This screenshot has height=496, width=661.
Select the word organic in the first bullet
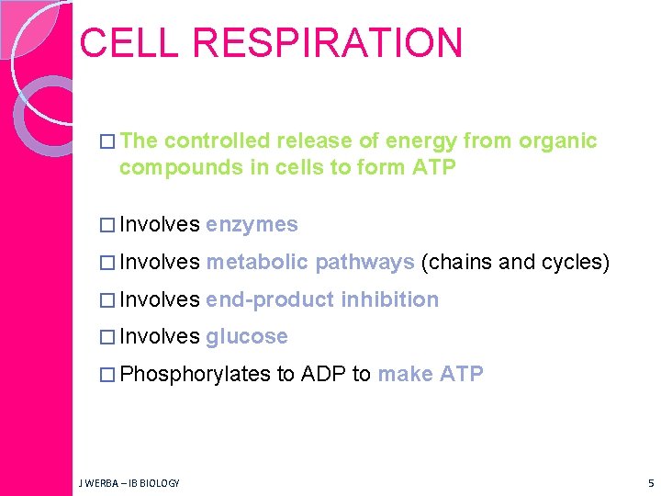coord(558,141)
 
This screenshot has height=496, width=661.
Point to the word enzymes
coord(252,224)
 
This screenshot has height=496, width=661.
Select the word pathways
coord(364,263)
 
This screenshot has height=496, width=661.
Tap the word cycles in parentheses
coord(573,263)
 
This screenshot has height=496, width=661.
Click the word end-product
coord(270,299)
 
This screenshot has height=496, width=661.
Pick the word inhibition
coord(390,299)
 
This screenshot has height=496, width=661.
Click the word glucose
coord(247,337)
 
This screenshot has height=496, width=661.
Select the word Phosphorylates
coord(195,375)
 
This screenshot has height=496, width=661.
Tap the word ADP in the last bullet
coord(323,375)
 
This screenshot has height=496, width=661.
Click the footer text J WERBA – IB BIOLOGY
coord(129,483)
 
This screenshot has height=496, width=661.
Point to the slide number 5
coord(650,483)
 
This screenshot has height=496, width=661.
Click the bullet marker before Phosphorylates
coord(107,375)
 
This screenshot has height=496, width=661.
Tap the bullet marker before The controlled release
coord(107,141)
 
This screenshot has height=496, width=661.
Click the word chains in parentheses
coord(461,263)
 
